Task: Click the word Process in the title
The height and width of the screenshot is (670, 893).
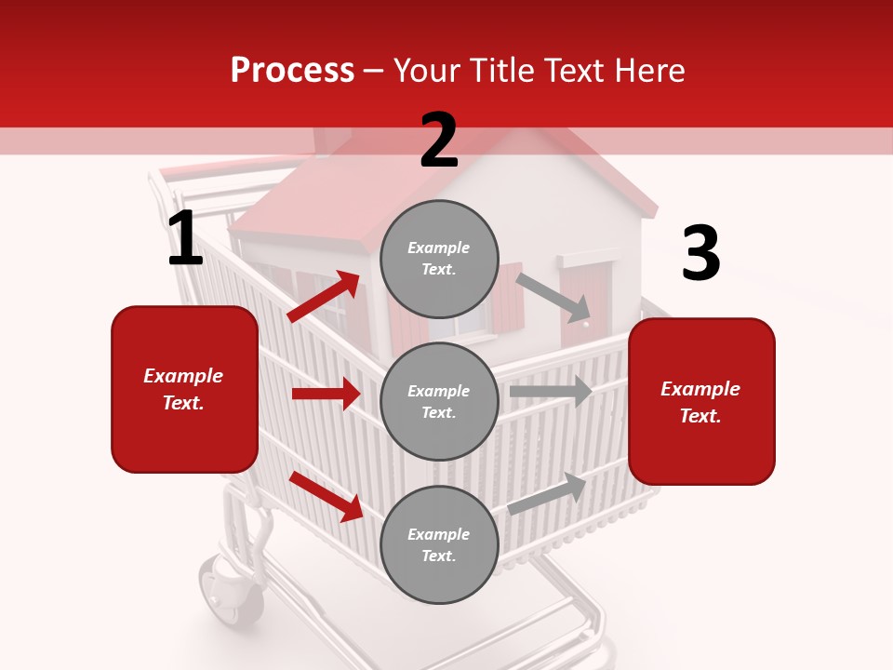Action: click(x=292, y=71)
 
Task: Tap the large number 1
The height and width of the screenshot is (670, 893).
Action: click(x=185, y=239)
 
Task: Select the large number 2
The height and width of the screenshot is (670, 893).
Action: click(x=439, y=141)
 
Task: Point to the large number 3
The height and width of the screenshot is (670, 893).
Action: click(x=700, y=254)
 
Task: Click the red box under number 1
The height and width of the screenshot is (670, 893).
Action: click(x=184, y=389)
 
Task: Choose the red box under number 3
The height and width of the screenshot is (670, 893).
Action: click(x=701, y=402)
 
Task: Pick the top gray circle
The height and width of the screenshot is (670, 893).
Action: click(x=439, y=259)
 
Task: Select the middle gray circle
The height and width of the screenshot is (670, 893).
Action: click(x=439, y=401)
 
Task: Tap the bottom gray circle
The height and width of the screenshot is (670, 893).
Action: click(x=439, y=544)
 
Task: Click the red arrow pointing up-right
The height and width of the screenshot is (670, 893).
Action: click(x=324, y=297)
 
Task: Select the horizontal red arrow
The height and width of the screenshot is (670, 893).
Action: click(x=326, y=394)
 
